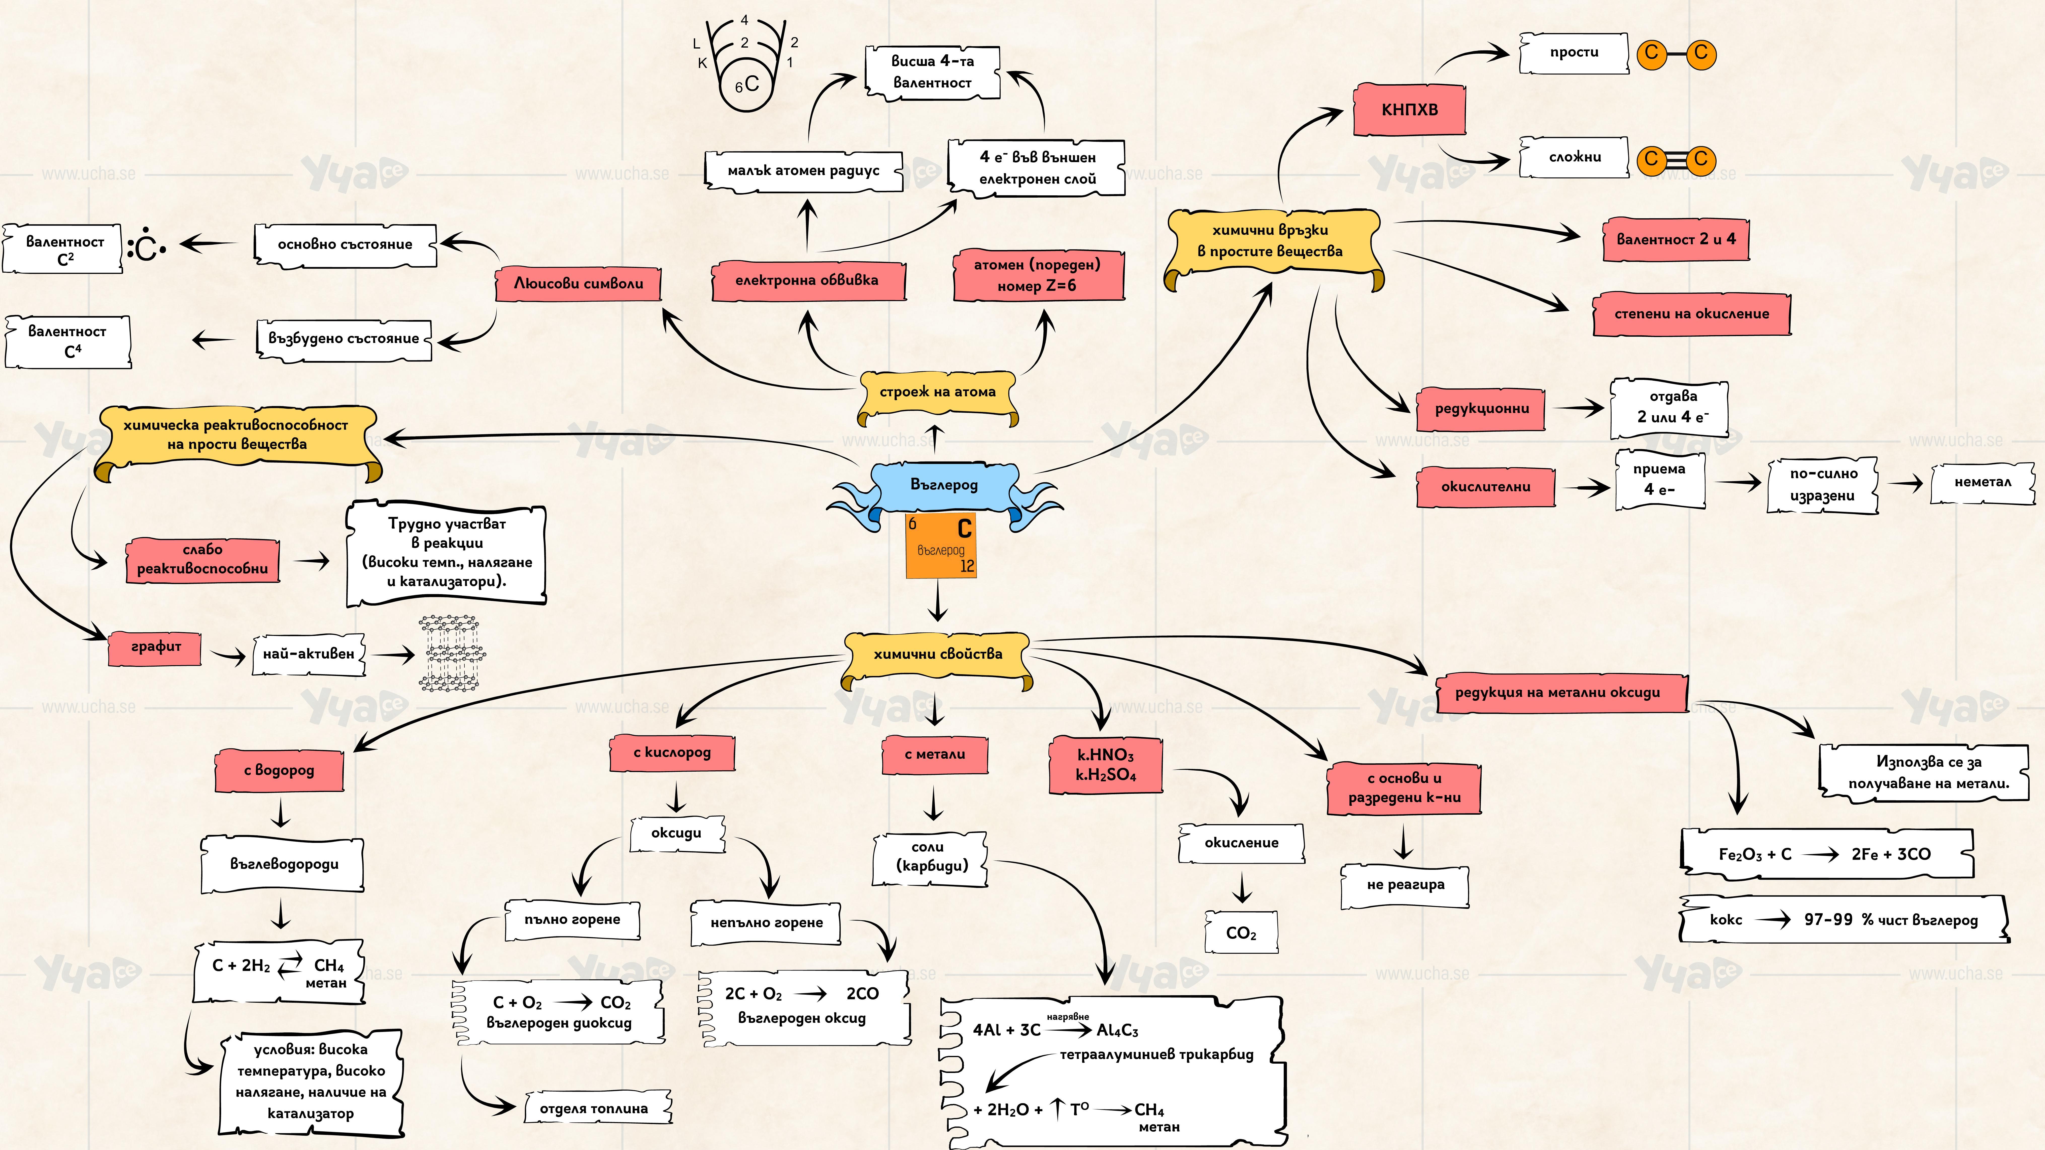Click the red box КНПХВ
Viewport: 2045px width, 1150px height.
tap(1409, 110)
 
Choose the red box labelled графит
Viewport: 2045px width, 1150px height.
tap(156, 647)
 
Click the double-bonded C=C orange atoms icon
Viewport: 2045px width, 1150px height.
tap(1676, 160)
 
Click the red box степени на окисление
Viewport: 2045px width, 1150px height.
tap(1691, 313)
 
